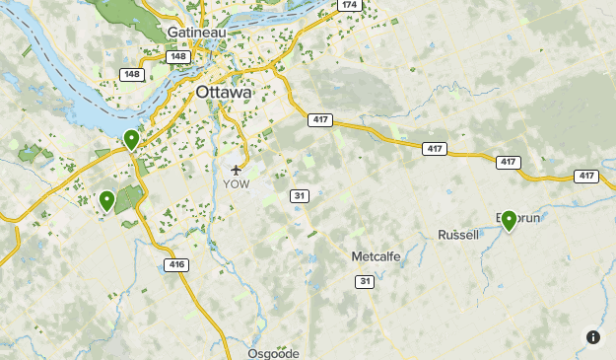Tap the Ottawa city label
(x=224, y=92)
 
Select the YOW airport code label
(x=237, y=183)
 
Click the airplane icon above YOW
(x=236, y=169)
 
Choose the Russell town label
(x=458, y=235)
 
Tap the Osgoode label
(x=273, y=352)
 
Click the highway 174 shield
(x=350, y=5)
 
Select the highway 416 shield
(x=176, y=264)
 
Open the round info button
(x=593, y=337)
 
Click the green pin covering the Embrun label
(x=509, y=220)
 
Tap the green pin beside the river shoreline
(x=131, y=140)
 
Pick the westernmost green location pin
(x=106, y=201)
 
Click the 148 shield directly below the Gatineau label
(x=178, y=56)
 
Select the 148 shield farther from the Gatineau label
(x=131, y=74)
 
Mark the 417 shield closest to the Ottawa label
(x=319, y=120)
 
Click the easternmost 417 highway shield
(x=585, y=176)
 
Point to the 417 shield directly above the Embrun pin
(x=508, y=162)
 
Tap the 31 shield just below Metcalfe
(x=366, y=282)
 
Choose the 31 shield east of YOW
(x=300, y=196)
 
